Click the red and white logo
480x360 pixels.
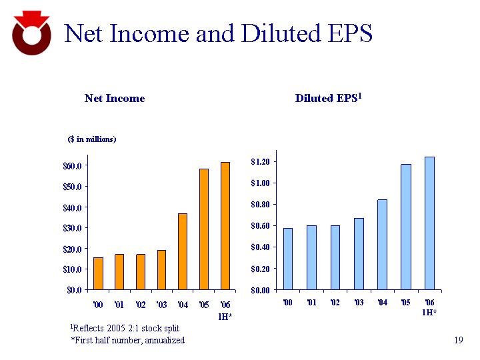[31, 33]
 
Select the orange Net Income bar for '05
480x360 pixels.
[204, 229]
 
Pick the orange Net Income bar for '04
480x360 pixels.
[183, 251]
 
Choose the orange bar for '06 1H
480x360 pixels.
[225, 226]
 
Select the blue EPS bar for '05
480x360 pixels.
[406, 227]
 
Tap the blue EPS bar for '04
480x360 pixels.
[382, 245]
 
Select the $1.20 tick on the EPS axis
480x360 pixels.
[260, 161]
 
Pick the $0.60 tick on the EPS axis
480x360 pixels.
[260, 226]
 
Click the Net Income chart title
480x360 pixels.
[115, 99]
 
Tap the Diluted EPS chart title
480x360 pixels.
[328, 99]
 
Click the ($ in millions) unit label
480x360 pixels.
[93, 139]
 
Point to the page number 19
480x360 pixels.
[457, 341]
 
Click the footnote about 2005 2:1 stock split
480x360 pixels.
[125, 329]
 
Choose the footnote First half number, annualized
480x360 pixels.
[127, 341]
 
